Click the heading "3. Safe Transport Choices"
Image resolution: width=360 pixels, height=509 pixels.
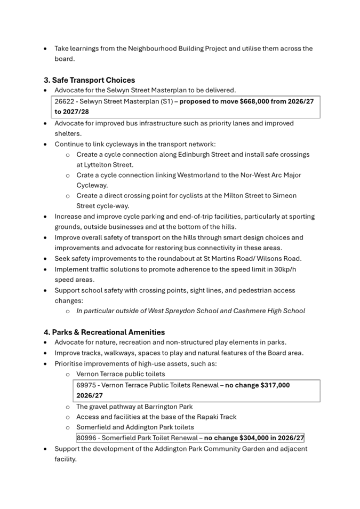(x=89, y=80)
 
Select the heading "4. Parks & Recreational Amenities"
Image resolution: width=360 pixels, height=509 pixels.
(x=104, y=332)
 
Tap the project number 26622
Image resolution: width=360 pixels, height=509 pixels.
(x=65, y=101)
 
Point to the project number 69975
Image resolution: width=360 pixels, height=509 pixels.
(x=86, y=385)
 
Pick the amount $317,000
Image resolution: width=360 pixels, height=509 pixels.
(x=275, y=385)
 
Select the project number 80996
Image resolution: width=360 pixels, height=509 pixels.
(x=86, y=438)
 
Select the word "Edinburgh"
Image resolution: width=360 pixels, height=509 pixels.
(x=194, y=155)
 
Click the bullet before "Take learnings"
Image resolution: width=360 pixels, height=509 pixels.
(x=45, y=49)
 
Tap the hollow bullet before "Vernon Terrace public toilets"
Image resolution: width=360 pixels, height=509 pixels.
(x=68, y=375)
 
